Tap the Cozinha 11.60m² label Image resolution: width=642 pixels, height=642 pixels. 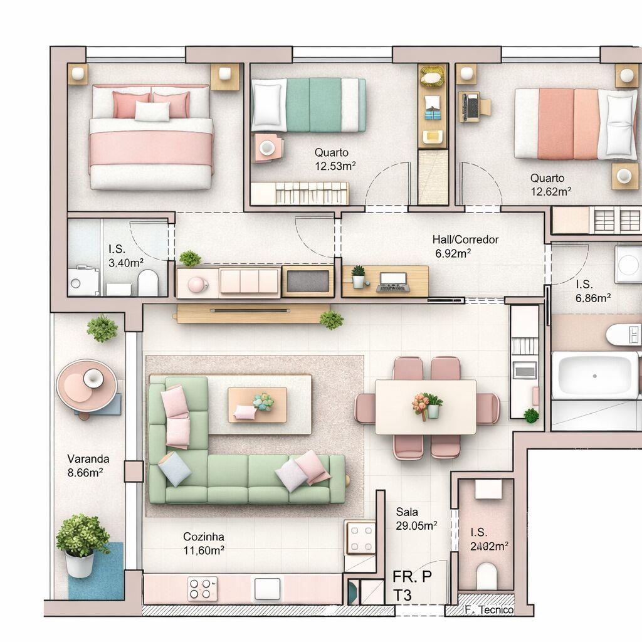point(204,543)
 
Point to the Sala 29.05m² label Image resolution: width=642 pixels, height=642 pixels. point(416,519)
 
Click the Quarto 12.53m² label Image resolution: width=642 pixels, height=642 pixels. point(335,159)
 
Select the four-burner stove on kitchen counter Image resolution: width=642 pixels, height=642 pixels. point(203,589)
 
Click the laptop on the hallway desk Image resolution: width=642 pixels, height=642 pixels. point(393,283)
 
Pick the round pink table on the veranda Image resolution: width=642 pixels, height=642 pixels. point(87,385)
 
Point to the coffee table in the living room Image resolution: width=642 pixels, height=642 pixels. point(257,404)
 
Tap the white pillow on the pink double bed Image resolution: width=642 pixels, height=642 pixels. point(152,111)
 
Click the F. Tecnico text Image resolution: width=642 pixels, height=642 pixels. point(489,610)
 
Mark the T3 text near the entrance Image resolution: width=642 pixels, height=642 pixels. point(403,594)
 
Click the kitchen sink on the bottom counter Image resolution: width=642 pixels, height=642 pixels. point(267,589)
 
